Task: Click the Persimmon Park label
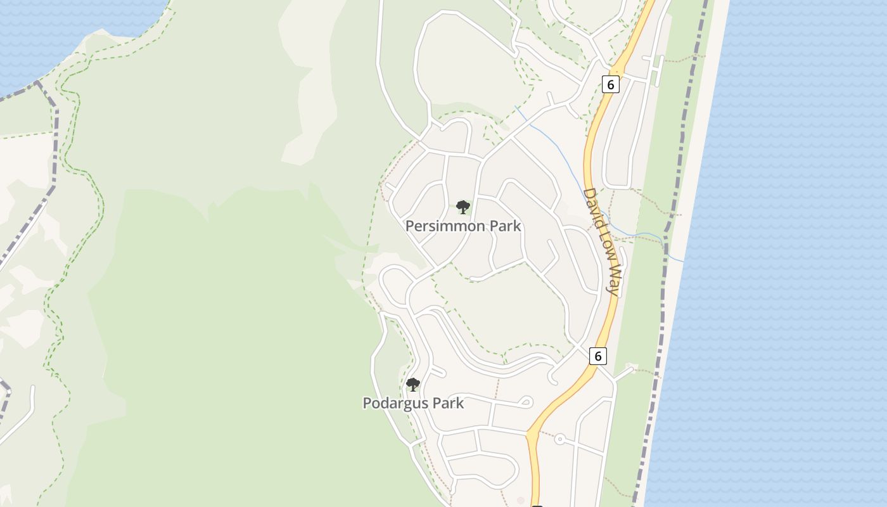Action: pyautogui.click(x=463, y=226)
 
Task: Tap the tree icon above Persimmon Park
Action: pyautogui.click(x=463, y=207)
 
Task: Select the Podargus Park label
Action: pyautogui.click(x=413, y=403)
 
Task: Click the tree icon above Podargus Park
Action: pyautogui.click(x=413, y=384)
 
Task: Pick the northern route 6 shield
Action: pyautogui.click(x=610, y=84)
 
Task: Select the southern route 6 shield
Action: pyautogui.click(x=597, y=356)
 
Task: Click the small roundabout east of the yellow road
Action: pyautogui.click(x=559, y=439)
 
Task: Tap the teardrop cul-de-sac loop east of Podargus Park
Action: pyautogui.click(x=525, y=402)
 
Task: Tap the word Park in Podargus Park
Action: pyautogui.click(x=447, y=403)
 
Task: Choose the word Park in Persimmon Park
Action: pyautogui.click(x=504, y=226)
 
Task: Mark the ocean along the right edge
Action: pyautogui.click(x=792, y=253)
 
